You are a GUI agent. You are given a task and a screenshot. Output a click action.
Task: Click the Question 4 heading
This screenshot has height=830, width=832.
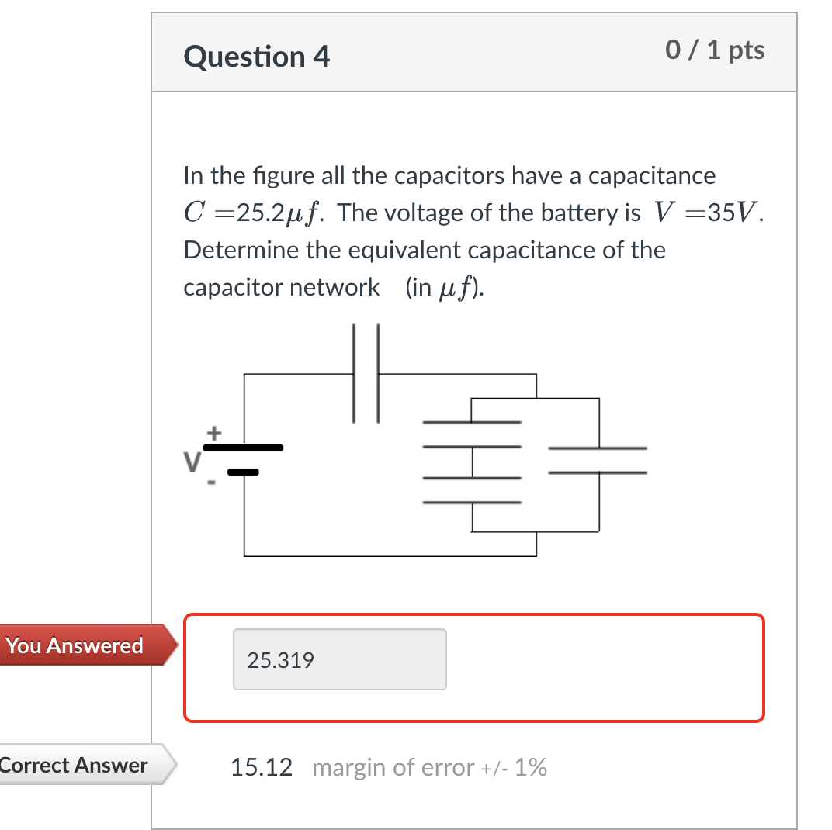[257, 57]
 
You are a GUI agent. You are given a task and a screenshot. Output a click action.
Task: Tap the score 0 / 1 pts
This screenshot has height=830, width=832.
[715, 50]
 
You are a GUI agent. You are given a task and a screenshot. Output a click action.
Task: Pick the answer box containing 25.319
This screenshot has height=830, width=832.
[339, 660]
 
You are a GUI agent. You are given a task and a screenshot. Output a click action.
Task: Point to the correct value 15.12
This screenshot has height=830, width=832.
[262, 768]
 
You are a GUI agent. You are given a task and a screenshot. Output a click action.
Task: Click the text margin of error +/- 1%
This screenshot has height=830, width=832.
[429, 768]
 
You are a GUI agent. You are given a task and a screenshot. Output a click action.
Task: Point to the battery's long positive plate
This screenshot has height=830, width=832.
[244, 448]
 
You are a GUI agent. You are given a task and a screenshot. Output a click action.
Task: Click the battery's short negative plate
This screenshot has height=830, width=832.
[244, 471]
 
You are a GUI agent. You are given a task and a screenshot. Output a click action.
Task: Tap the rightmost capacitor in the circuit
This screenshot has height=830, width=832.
[598, 460]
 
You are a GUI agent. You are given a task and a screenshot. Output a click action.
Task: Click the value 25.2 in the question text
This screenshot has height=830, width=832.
[243, 213]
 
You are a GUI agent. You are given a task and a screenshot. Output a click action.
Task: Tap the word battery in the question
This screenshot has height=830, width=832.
[576, 213]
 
